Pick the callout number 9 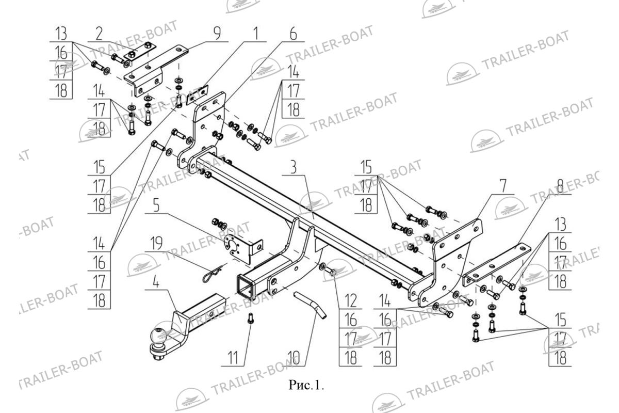click(x=217, y=34)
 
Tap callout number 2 click(x=99, y=34)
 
